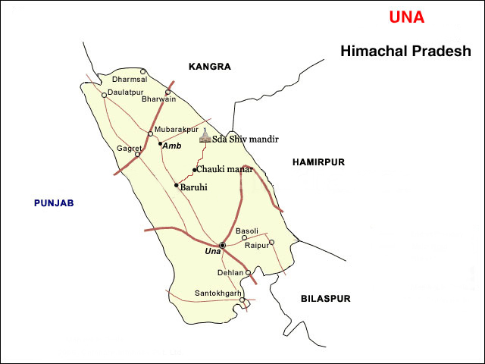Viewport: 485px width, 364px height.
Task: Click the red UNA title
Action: click(x=406, y=17)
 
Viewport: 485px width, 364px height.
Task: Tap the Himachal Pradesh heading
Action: click(x=405, y=52)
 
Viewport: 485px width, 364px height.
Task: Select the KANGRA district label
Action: click(x=210, y=67)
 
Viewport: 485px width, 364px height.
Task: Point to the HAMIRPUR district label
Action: click(x=318, y=162)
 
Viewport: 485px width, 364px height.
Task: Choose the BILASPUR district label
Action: click(x=325, y=299)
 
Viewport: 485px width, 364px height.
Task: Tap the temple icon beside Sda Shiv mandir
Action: click(x=204, y=136)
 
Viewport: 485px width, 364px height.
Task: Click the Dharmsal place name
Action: click(x=130, y=79)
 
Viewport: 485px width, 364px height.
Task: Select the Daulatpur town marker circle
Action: click(x=105, y=95)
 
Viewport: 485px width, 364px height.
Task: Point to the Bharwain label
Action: click(x=158, y=99)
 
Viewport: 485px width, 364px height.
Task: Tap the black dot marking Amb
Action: click(x=161, y=143)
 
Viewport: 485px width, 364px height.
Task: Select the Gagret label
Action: click(x=129, y=148)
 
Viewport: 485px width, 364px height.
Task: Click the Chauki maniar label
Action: click(x=224, y=169)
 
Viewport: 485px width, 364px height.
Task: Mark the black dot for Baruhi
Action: click(x=177, y=186)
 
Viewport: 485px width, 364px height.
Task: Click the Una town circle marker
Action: click(x=222, y=245)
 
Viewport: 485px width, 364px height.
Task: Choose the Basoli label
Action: click(x=247, y=231)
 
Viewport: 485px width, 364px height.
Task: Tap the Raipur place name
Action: click(x=256, y=246)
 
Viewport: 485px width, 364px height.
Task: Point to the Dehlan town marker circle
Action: click(x=248, y=272)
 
